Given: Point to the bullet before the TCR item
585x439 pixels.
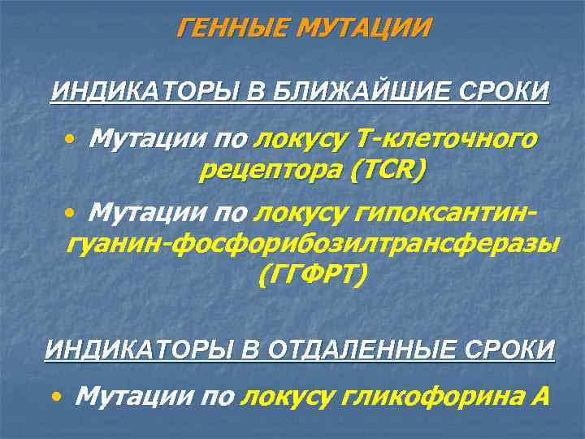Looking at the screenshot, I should (71, 141).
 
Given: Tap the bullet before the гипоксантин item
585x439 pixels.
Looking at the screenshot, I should (71, 215).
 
